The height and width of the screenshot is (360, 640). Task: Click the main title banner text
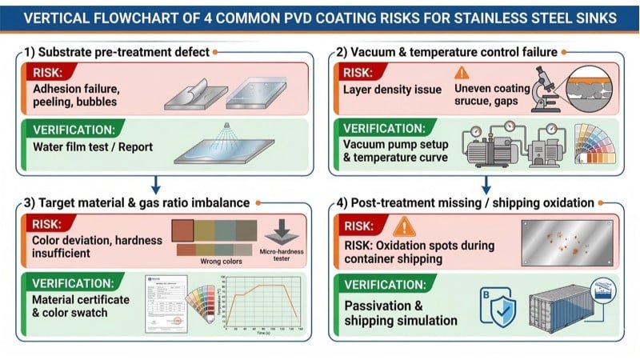click(x=320, y=18)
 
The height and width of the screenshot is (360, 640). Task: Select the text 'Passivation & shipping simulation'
click(x=401, y=313)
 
